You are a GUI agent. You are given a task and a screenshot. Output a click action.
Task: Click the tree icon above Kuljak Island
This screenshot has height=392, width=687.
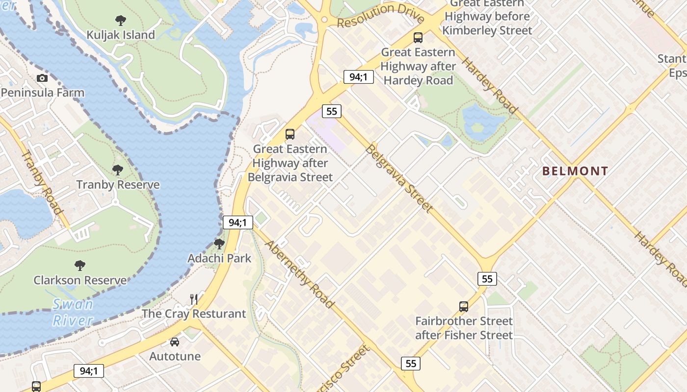121,21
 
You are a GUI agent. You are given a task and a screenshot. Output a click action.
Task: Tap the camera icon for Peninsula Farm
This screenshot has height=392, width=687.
42,78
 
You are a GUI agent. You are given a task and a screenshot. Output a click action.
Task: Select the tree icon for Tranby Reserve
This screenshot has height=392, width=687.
118,170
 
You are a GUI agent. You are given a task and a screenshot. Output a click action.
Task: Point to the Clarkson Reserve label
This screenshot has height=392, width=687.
80,280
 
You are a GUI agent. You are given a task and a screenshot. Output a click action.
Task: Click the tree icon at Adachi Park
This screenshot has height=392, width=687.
219,244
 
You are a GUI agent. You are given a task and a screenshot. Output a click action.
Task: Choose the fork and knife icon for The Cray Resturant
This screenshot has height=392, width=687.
194,299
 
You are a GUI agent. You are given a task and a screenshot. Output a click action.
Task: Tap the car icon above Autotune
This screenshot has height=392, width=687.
175,342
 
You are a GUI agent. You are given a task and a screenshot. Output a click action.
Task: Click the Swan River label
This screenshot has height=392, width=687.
73,312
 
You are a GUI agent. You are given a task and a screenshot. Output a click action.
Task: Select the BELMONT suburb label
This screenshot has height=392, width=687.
575,171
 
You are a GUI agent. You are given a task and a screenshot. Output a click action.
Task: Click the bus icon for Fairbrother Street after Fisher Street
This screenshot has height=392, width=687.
464,307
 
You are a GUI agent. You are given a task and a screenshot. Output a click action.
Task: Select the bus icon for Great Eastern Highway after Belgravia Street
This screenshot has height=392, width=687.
290,134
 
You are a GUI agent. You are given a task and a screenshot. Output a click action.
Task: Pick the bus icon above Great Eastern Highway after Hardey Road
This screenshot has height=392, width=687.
418,37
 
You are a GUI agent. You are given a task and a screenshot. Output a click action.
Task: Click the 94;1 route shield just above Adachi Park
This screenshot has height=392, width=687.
238,222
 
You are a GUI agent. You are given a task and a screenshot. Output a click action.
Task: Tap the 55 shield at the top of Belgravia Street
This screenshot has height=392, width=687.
332,111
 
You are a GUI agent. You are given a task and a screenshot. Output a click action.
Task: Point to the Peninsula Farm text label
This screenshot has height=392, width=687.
43,93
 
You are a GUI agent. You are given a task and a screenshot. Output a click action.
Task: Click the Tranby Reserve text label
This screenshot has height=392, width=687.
118,185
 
